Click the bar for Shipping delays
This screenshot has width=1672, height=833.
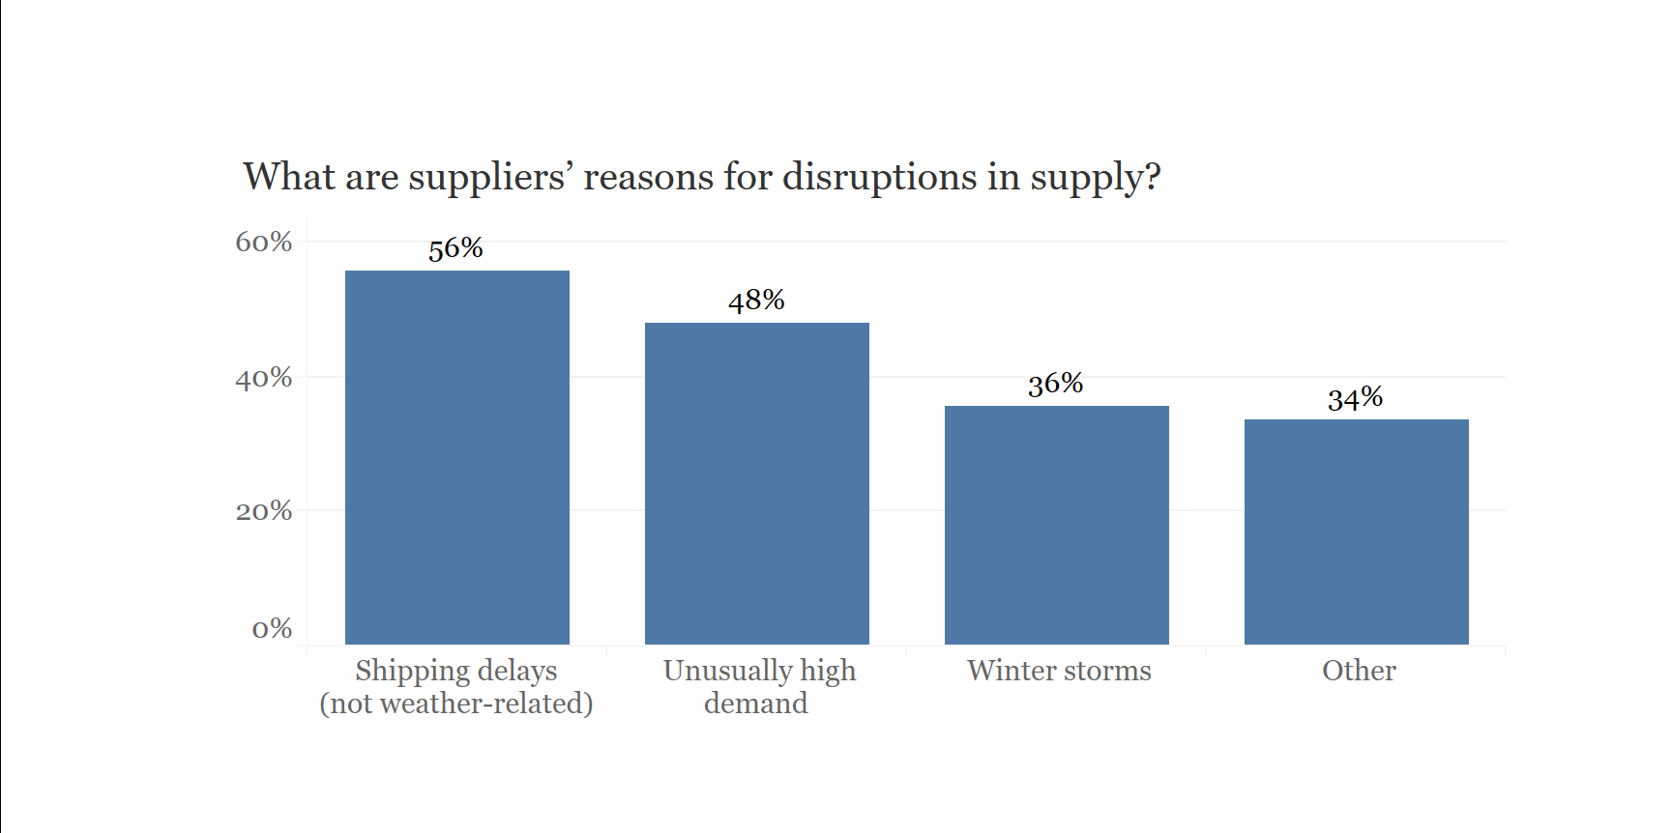pos(456,457)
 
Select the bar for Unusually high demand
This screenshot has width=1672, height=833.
pos(756,483)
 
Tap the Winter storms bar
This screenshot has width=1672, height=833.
pos(1056,525)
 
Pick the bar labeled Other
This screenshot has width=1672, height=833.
pos(1356,531)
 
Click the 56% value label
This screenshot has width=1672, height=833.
pos(455,248)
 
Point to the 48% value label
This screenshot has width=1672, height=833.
pos(756,301)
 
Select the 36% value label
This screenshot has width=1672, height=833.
pos(1055,385)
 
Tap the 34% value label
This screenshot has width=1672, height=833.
pos(1355,398)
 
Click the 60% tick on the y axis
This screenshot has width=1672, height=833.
pos(263,242)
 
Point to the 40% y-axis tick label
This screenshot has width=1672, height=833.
pos(263,377)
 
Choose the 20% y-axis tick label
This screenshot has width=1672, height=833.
pos(263,510)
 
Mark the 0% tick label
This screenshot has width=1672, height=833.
pos(272,629)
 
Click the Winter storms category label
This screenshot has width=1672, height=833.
pos(1059,671)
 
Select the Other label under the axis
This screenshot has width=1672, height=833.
pos(1359,671)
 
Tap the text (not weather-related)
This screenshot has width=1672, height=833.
pos(456,704)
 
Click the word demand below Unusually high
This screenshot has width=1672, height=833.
pos(755,704)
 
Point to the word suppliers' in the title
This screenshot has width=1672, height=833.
pos(490,178)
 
